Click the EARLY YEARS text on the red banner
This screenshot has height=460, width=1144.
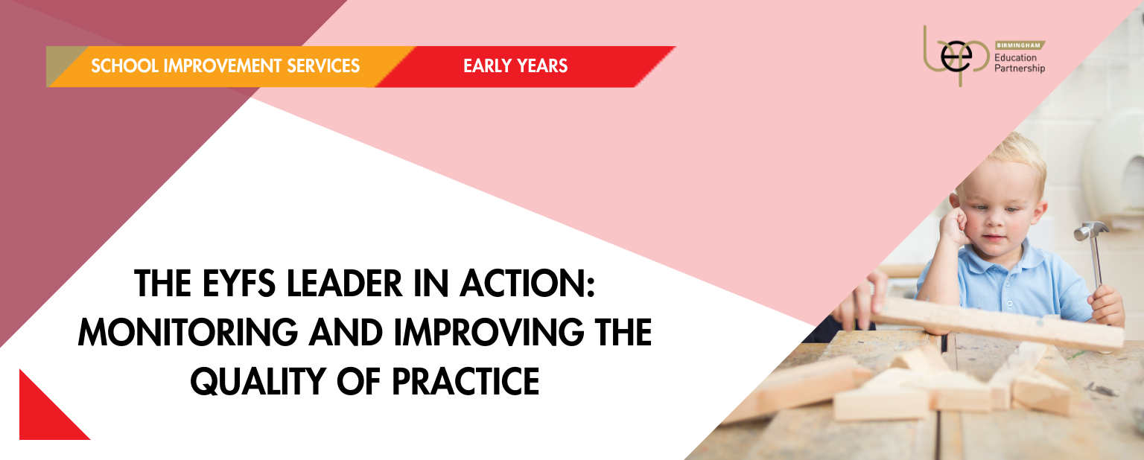[x=515, y=66]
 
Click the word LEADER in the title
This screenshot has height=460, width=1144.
[x=344, y=284]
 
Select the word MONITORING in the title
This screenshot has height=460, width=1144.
[x=188, y=333]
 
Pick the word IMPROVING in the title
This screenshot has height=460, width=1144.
[x=489, y=333]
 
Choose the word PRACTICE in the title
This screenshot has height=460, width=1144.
[x=465, y=381]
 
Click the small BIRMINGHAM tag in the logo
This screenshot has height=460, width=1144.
[x=1020, y=45]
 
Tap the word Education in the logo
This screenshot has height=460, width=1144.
[x=1015, y=58]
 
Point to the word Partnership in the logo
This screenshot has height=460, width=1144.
[x=1020, y=68]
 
